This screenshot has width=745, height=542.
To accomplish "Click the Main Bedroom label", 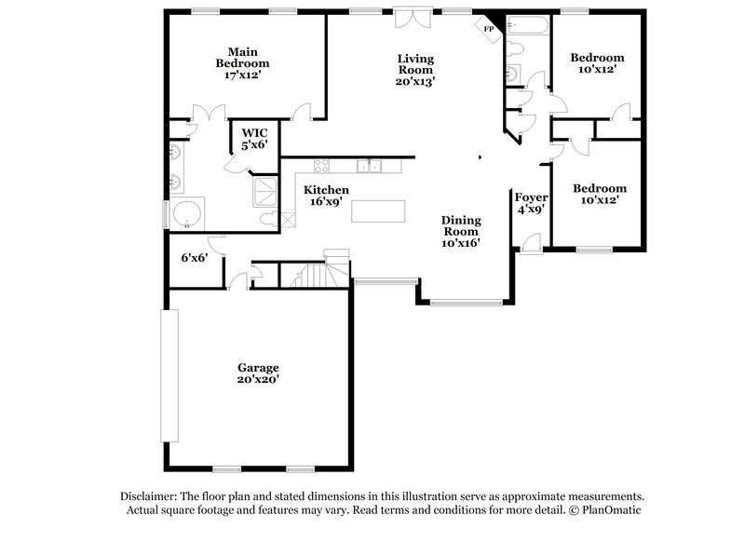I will (x=242, y=62).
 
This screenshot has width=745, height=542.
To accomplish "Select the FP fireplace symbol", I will (x=489, y=29).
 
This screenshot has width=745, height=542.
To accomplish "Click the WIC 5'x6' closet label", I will (x=255, y=140).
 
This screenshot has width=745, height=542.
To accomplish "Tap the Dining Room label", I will (x=461, y=231).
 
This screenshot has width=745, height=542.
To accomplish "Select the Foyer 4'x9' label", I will (x=531, y=203).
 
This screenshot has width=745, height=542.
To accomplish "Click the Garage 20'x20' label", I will (x=257, y=373).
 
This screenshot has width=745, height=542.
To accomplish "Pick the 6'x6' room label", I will (x=194, y=258).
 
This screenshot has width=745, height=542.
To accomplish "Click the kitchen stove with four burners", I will (x=322, y=167).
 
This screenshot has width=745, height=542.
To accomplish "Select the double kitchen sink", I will (x=372, y=167).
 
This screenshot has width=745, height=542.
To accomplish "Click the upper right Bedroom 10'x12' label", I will (x=597, y=63).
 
